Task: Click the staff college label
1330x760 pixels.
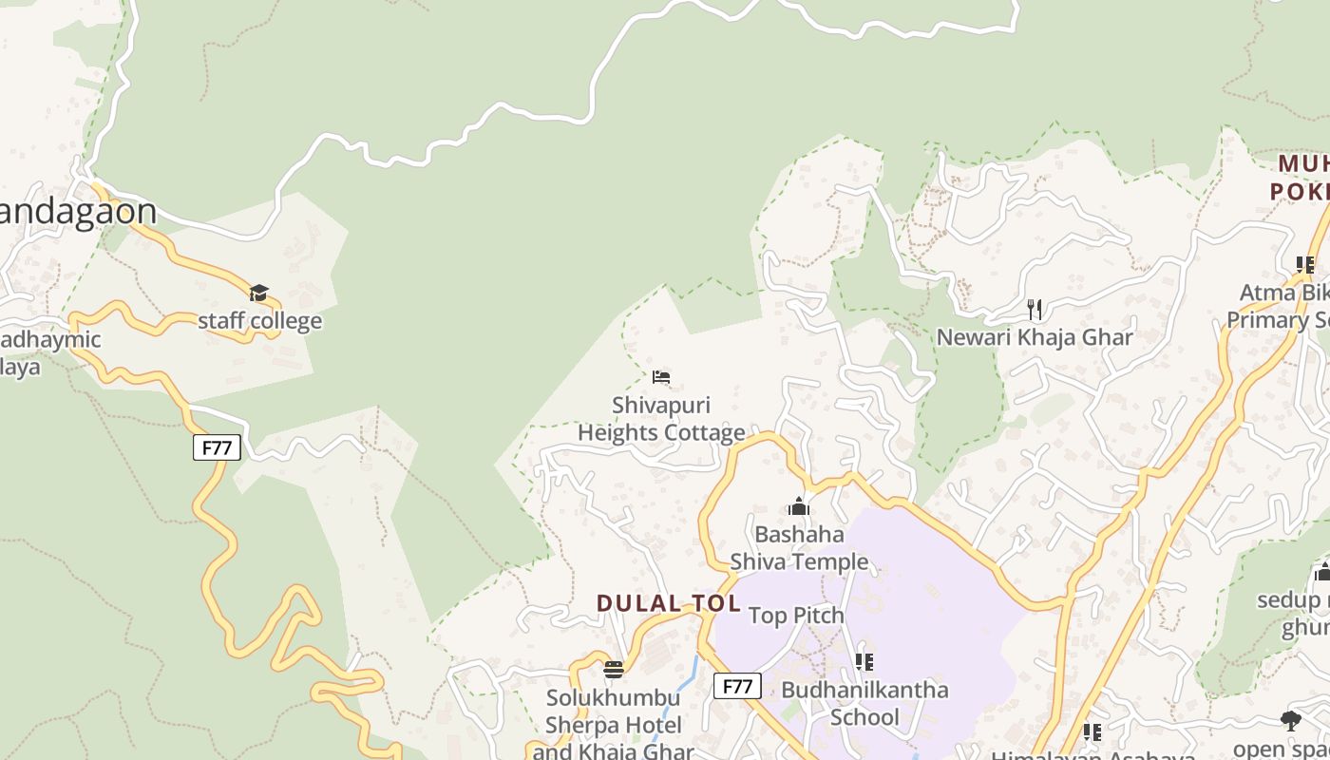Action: [259, 321]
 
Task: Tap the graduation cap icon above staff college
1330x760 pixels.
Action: [259, 293]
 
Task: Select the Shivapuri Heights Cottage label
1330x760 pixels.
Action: [661, 419]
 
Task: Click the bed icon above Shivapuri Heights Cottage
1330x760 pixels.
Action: [661, 377]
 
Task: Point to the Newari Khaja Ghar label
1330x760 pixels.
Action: [1035, 337]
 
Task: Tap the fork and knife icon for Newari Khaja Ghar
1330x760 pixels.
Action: [1035, 309]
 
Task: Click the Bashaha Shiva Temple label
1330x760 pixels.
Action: [799, 547]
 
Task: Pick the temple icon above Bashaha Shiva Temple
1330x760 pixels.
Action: [799, 506]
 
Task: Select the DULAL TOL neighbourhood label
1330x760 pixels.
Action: [668, 603]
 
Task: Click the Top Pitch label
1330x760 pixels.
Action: [796, 616]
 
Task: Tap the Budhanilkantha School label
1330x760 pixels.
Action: [864, 703]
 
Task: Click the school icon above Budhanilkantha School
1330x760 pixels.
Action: [864, 661]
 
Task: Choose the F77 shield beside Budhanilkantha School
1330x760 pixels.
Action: [737, 686]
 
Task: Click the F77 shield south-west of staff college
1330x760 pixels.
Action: [217, 447]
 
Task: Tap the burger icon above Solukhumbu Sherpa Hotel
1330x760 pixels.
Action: [614, 670]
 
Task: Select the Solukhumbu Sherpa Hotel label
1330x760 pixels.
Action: [614, 726]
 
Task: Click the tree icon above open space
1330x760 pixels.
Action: [1290, 721]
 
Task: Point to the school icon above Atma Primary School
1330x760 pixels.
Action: [1305, 264]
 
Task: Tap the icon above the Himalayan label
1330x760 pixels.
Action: [1092, 732]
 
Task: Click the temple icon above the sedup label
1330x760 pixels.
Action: [1321, 572]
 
